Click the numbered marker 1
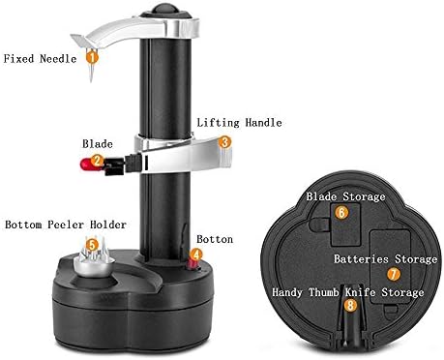(91, 57)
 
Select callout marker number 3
(224, 141)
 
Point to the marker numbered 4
(196, 256)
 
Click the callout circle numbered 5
(92, 245)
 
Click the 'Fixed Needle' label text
(38, 57)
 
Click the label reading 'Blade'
(97, 142)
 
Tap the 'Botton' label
(214, 238)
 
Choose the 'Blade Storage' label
(345, 195)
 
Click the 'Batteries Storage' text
(385, 258)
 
